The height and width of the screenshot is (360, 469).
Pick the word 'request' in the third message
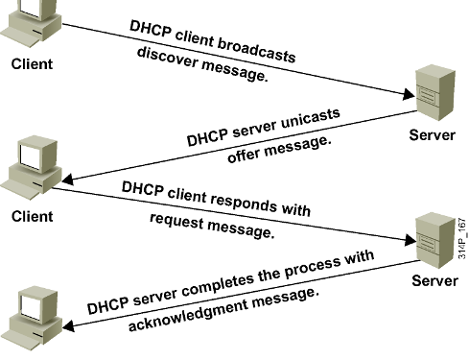point(182,221)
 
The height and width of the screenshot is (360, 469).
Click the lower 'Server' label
point(434,280)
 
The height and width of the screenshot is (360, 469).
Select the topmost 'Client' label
point(31,64)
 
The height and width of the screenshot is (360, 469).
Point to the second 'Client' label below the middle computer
point(31,215)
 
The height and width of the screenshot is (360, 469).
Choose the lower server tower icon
point(434,237)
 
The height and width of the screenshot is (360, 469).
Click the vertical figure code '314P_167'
point(460,245)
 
